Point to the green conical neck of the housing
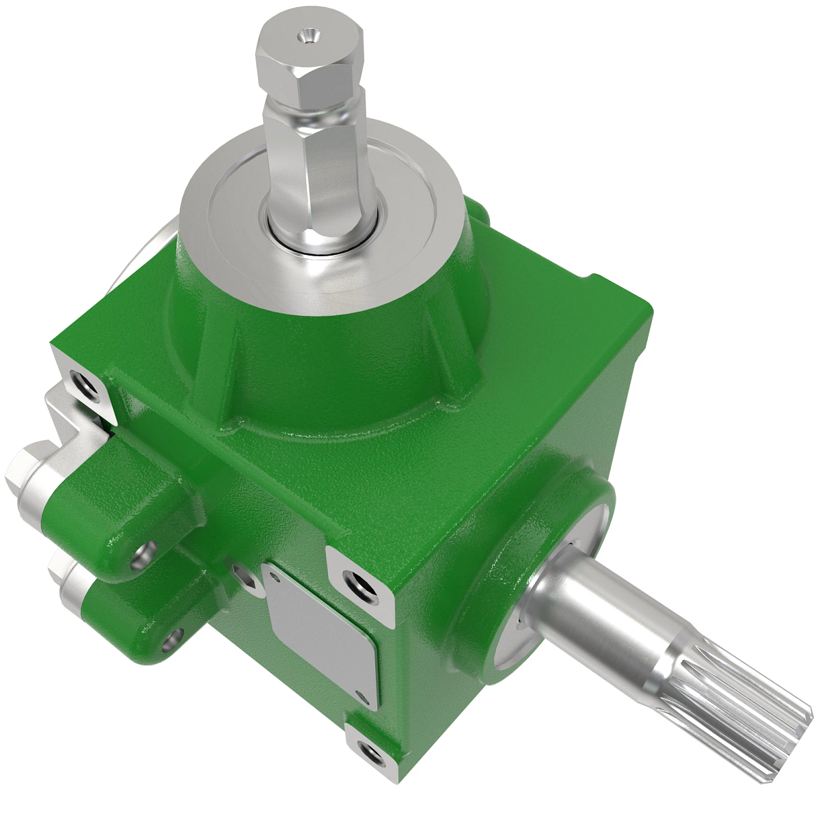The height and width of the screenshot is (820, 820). (328, 355)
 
